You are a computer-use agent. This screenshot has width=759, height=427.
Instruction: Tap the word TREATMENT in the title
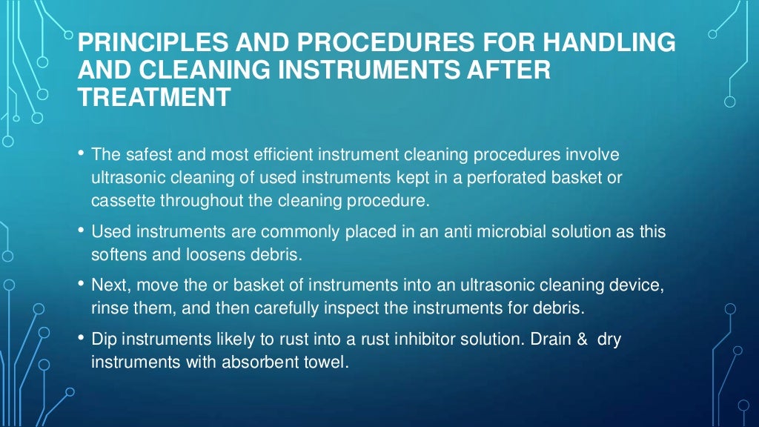tap(154, 98)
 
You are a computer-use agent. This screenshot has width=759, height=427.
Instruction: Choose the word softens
tap(117, 255)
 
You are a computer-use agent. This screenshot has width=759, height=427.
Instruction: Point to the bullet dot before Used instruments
tap(81, 231)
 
